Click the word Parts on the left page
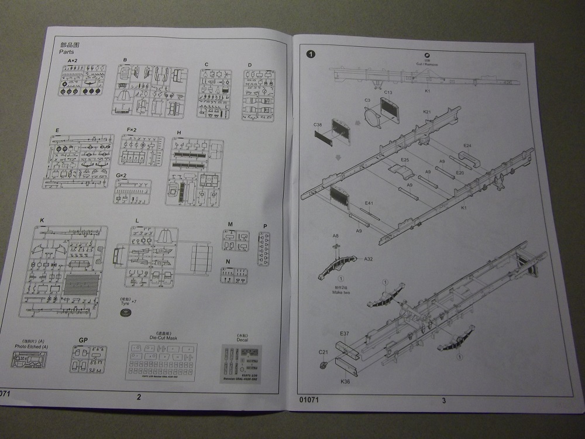point(68,52)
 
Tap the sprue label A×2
point(73,61)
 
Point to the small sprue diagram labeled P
point(264,249)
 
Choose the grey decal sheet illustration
point(241,362)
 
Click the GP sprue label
point(82,340)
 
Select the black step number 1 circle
point(311,54)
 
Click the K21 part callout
point(426,111)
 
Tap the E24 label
point(467,145)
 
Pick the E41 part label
point(369,204)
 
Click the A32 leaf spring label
point(369,259)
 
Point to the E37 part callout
point(345,334)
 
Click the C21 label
point(324,352)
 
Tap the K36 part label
point(346,382)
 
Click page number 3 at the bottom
point(444,401)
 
